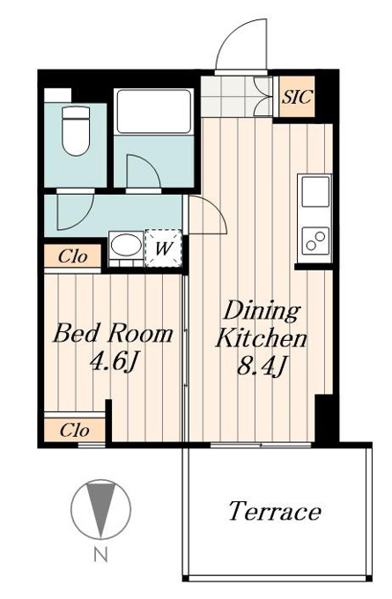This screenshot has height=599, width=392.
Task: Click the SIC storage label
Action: [297, 97]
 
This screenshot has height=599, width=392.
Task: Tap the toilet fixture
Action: [76, 131]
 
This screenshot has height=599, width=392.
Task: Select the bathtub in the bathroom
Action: [154, 112]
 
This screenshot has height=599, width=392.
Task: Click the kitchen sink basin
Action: [315, 192]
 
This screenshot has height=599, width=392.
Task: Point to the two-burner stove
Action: [315, 241]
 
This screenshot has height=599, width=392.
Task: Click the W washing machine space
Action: [163, 248]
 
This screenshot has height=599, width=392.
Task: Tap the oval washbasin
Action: [126, 245]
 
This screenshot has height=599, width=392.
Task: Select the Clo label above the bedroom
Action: [72, 256]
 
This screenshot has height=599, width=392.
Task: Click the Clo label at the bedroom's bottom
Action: [75, 431]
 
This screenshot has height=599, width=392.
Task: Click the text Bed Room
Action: [113, 333]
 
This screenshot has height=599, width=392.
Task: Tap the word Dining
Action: [262, 312]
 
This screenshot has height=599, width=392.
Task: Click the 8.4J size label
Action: [262, 366]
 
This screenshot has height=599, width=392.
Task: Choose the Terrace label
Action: [275, 511]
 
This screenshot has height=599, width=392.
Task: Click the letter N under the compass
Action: [101, 554]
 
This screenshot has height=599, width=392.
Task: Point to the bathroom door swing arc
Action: [152, 164]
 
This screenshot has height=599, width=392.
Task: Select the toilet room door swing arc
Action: [85, 222]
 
